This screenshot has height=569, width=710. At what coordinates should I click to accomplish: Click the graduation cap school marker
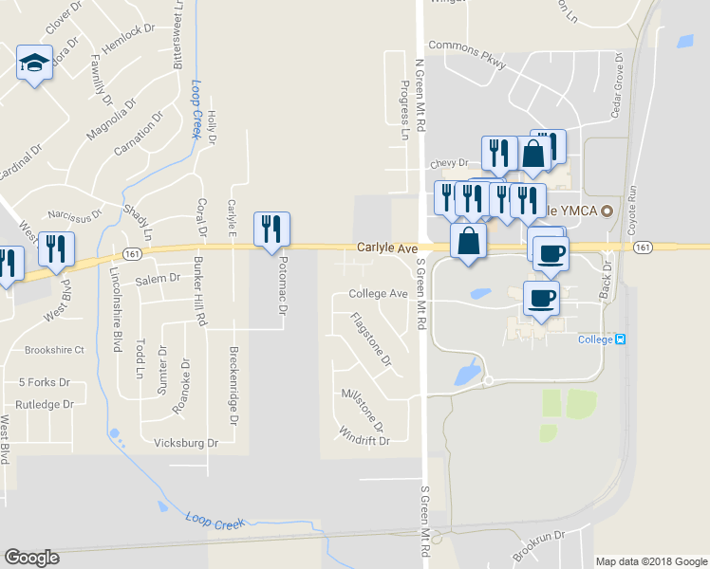34,64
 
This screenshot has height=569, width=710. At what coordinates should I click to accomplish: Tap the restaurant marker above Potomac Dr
271,229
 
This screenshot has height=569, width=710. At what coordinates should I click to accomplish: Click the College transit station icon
621,340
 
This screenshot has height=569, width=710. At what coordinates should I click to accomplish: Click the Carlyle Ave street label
387,248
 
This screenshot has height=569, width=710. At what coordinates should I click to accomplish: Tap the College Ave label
378,294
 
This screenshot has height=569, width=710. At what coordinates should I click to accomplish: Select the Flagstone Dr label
371,340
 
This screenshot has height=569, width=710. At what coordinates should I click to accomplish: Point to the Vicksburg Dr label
186,443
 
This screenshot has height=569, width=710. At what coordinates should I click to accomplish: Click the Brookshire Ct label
54,350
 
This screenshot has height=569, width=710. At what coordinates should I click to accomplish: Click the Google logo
31,558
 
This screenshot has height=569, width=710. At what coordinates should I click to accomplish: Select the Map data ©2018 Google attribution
650,561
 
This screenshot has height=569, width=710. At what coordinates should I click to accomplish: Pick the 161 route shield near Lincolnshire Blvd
132,254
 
